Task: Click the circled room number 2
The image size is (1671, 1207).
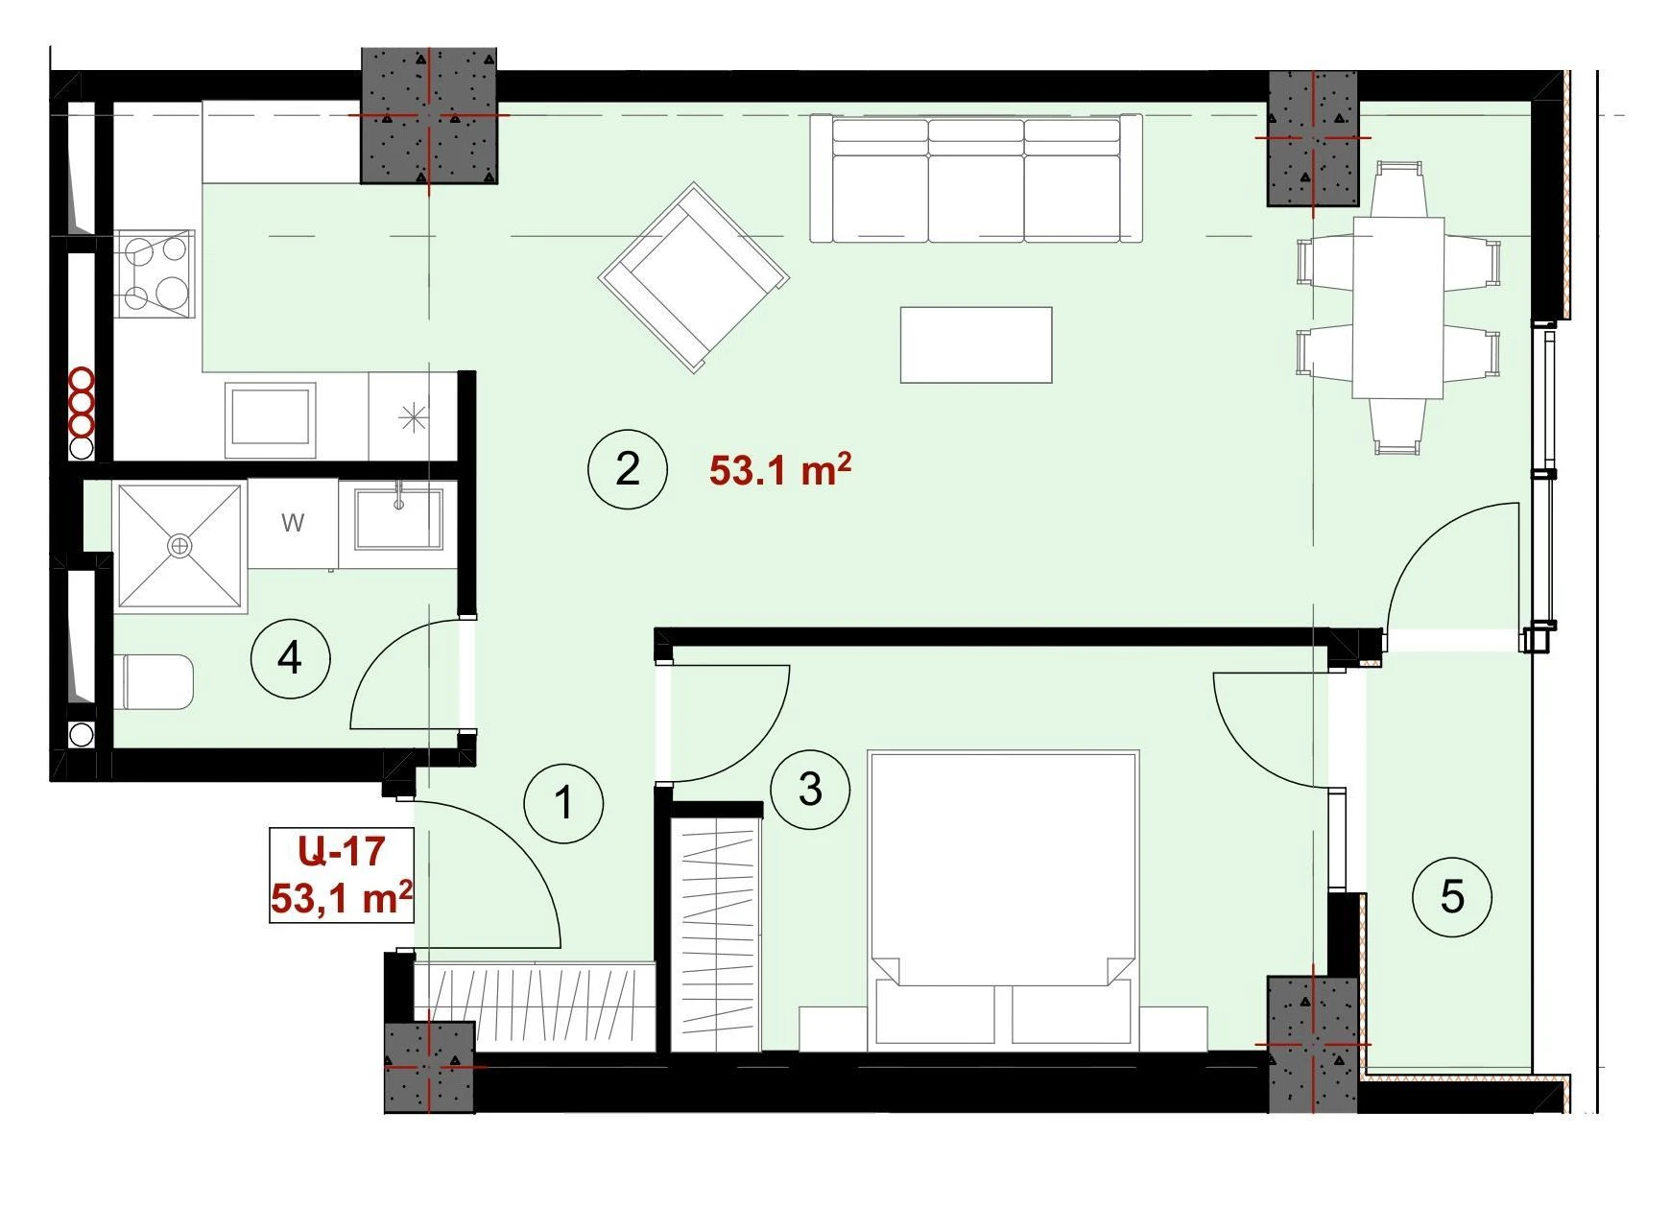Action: (627, 469)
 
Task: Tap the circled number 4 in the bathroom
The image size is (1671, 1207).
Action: (290, 658)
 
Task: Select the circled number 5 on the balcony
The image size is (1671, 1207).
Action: (1452, 896)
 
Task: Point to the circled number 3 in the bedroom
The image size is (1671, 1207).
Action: (810, 789)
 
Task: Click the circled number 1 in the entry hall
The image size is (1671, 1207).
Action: (564, 803)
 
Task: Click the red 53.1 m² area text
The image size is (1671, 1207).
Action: (780, 470)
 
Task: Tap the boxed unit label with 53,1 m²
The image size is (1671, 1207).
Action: (342, 875)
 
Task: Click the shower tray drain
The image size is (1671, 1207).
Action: (179, 546)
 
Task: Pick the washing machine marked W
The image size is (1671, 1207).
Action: (293, 524)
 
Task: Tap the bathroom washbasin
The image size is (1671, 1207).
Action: (398, 519)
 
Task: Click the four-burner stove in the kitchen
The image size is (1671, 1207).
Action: (155, 273)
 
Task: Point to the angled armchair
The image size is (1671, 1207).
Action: (694, 277)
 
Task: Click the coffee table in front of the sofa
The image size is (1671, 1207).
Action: (976, 344)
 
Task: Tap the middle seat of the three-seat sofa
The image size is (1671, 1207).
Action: (976, 179)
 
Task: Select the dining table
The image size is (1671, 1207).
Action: (1398, 307)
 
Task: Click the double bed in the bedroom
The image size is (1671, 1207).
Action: (1003, 899)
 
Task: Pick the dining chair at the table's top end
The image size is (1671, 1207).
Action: (1398, 189)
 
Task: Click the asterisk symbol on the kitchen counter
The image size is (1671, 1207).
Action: (413, 416)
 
